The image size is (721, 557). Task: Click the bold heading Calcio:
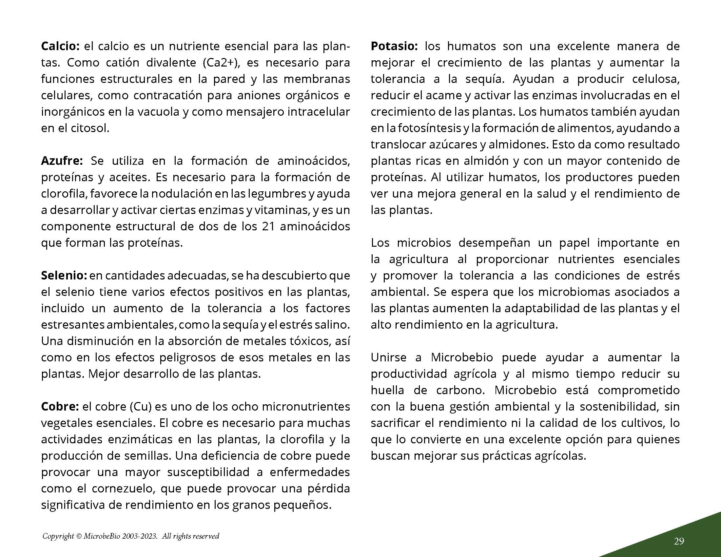point(60,46)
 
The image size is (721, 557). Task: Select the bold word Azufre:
point(62,161)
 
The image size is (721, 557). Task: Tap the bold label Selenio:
point(64,276)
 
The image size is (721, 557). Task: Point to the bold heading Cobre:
point(60,407)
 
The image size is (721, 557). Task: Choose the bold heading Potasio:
point(394,46)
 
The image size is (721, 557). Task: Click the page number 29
point(679,541)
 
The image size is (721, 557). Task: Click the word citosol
point(90,128)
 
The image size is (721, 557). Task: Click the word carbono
point(460,390)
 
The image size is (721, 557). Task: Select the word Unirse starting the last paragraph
point(389,358)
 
